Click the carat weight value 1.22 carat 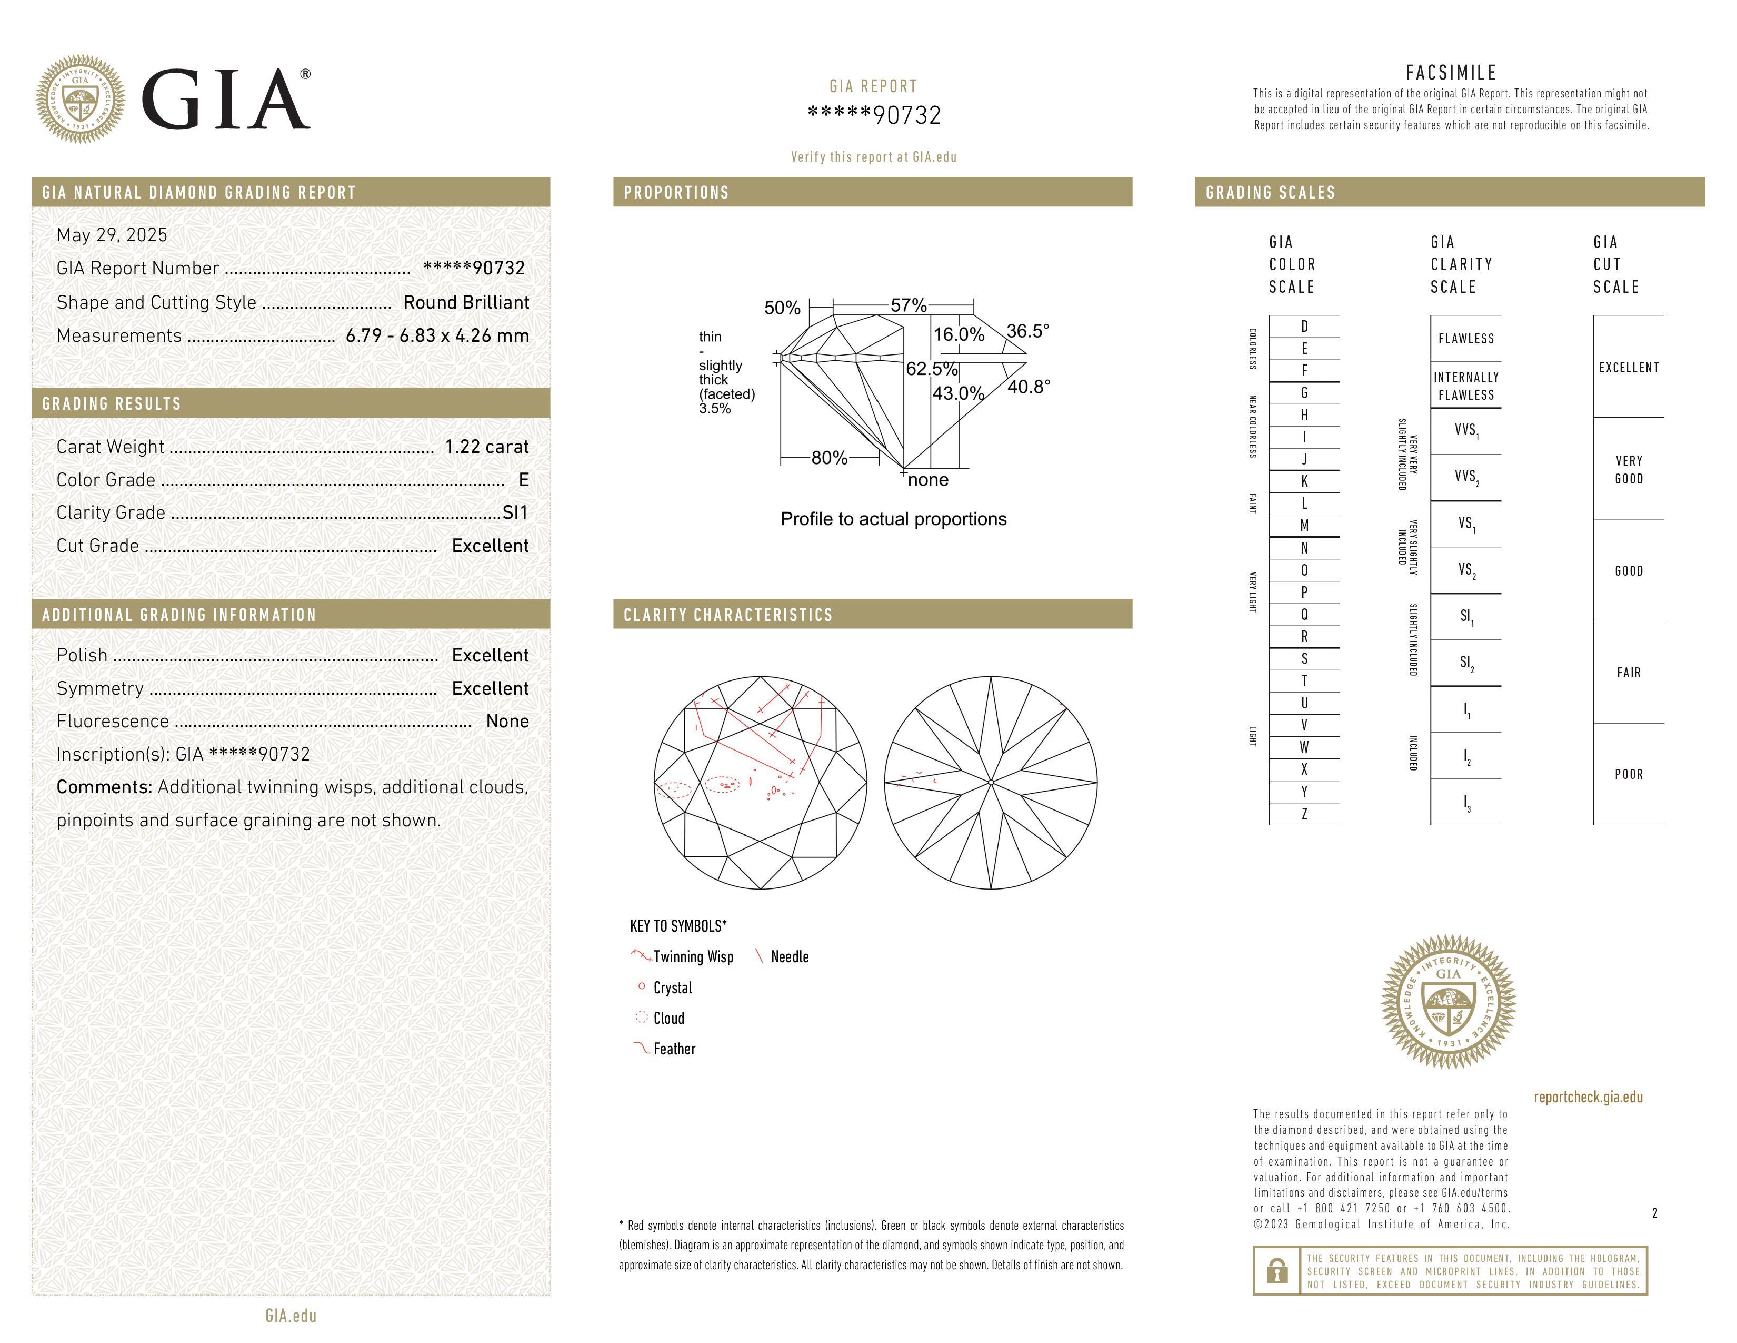click(486, 447)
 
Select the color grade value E click(523, 480)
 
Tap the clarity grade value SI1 click(515, 512)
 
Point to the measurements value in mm click(437, 336)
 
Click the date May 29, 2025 click(112, 235)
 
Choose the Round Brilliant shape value click(466, 302)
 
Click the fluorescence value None click(507, 721)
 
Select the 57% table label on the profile click(909, 305)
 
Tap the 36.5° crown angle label click(1027, 331)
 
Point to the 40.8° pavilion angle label click(1029, 387)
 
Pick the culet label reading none click(928, 480)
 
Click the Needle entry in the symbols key click(789, 957)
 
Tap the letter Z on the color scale click(1304, 814)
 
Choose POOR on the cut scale click(1628, 774)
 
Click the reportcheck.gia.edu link click(1588, 1097)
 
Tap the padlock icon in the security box click(1276, 1271)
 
